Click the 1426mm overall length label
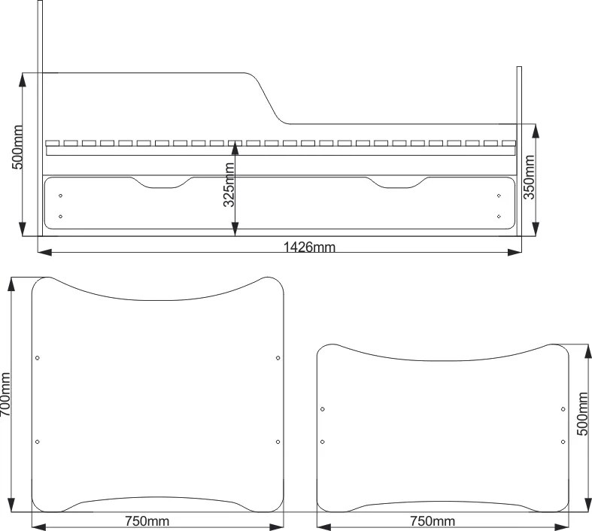pyautogui.click(x=309, y=247)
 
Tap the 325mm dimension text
pyautogui.click(x=229, y=185)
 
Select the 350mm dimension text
pyautogui.click(x=529, y=177)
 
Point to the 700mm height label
pyautogui.click(x=5, y=394)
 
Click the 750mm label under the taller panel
pyautogui.click(x=147, y=521)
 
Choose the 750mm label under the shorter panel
pyautogui.click(x=433, y=521)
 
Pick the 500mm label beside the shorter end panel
pyautogui.click(x=582, y=414)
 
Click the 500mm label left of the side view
pyautogui.click(x=17, y=147)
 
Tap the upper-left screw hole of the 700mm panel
pyautogui.click(x=38, y=358)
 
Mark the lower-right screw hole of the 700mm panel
pyautogui.click(x=278, y=441)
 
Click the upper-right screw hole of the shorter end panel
pyautogui.click(x=563, y=409)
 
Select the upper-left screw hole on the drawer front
pyautogui.click(x=60, y=196)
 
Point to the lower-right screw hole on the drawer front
pyautogui.click(x=499, y=217)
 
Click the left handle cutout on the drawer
pyautogui.click(x=162, y=182)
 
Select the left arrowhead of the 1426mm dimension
pyautogui.click(x=45, y=253)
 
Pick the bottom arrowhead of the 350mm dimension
pyautogui.click(x=536, y=229)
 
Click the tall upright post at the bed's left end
pyautogui.click(x=40, y=118)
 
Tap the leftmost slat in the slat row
pyautogui.click(x=53, y=143)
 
